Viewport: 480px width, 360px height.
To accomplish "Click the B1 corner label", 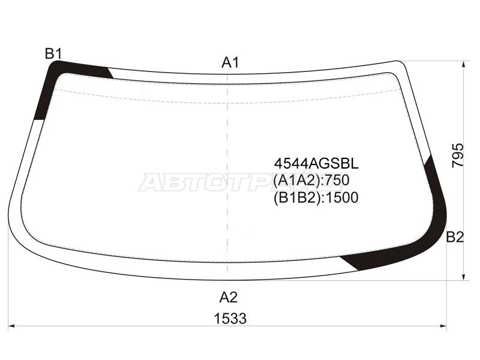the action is pyautogui.click(x=53, y=54).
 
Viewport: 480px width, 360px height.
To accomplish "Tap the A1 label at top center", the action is pyautogui.click(x=230, y=62).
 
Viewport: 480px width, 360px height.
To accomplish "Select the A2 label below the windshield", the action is pyautogui.click(x=229, y=297).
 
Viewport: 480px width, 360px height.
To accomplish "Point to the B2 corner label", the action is pyautogui.click(x=455, y=237).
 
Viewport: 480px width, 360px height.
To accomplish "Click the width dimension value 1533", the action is pyautogui.click(x=230, y=319).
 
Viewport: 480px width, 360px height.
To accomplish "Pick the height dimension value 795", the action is pyautogui.click(x=458, y=155).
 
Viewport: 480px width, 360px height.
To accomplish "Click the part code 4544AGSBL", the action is pyautogui.click(x=316, y=164).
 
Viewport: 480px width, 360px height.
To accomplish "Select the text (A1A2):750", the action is pyautogui.click(x=311, y=181).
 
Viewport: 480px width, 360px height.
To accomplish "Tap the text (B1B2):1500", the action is pyautogui.click(x=316, y=197).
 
